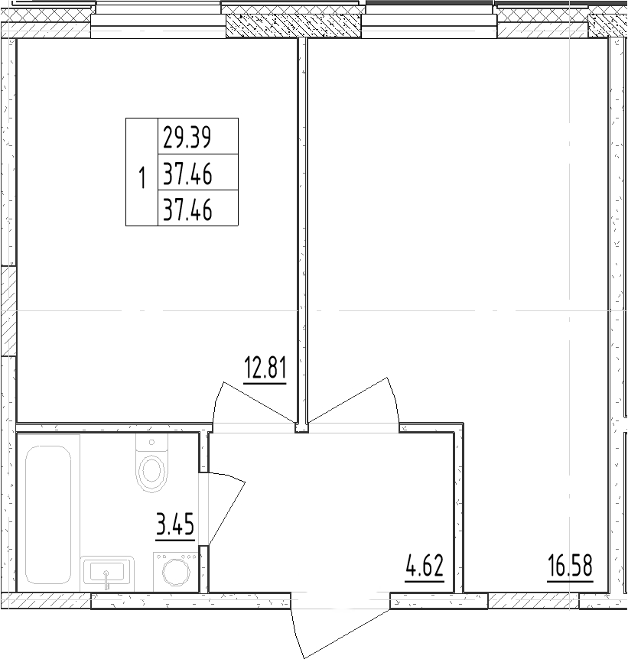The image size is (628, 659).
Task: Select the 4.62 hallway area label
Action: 425,568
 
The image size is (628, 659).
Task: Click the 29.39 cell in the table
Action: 187,138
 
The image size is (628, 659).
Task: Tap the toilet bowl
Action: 151,472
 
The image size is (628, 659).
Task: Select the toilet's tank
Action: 151,443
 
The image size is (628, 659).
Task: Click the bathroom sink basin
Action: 107,571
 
